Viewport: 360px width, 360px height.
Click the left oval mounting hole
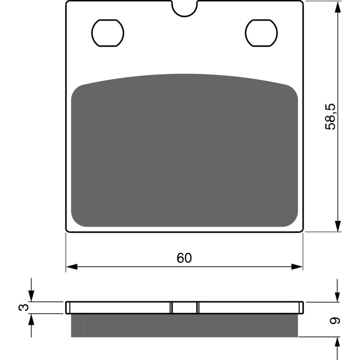click(108, 33)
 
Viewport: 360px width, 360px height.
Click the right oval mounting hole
click(261, 33)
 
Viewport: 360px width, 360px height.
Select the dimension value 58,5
click(331, 116)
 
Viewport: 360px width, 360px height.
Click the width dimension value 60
click(184, 258)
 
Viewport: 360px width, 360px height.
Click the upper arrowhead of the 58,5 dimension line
click(337, 6)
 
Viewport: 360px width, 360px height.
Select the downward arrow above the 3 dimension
click(31, 296)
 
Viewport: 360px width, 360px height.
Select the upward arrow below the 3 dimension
click(31, 319)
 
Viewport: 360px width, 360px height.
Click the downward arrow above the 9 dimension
click(337, 296)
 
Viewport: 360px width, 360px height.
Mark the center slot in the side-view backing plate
click(184, 307)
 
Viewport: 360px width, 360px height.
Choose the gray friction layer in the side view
click(184, 325)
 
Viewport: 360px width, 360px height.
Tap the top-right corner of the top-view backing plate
click(302, 2)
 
